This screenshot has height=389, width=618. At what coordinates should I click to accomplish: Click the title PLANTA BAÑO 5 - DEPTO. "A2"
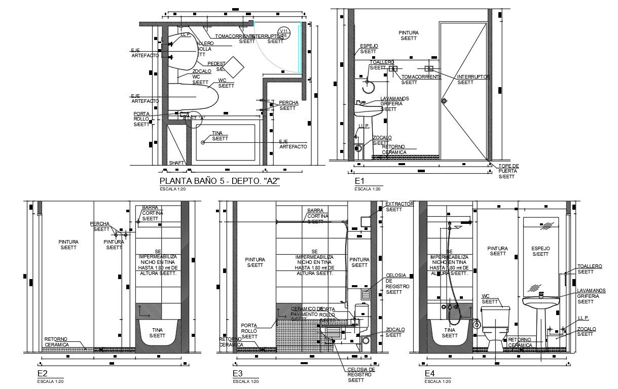(x=220, y=181)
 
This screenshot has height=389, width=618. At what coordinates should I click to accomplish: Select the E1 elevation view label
(x=360, y=181)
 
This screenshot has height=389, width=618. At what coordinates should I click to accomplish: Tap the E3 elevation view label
(x=238, y=374)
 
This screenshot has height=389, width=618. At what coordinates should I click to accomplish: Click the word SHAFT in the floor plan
(x=176, y=163)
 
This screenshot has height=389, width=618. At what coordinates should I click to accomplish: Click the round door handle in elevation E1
(x=445, y=101)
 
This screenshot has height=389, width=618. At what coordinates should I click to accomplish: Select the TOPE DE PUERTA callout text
(x=508, y=171)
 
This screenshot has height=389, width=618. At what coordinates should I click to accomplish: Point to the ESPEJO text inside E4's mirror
(x=540, y=251)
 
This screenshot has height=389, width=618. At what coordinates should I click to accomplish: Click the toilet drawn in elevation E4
(x=495, y=327)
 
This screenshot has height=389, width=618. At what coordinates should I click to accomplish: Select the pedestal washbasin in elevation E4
(x=541, y=314)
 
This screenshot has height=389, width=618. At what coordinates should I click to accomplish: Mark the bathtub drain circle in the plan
(x=203, y=142)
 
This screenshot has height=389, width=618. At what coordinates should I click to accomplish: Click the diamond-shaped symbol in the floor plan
(x=234, y=67)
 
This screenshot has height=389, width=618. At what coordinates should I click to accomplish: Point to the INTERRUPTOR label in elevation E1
(x=473, y=80)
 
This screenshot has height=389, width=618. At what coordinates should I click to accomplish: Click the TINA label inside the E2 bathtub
(x=157, y=332)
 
